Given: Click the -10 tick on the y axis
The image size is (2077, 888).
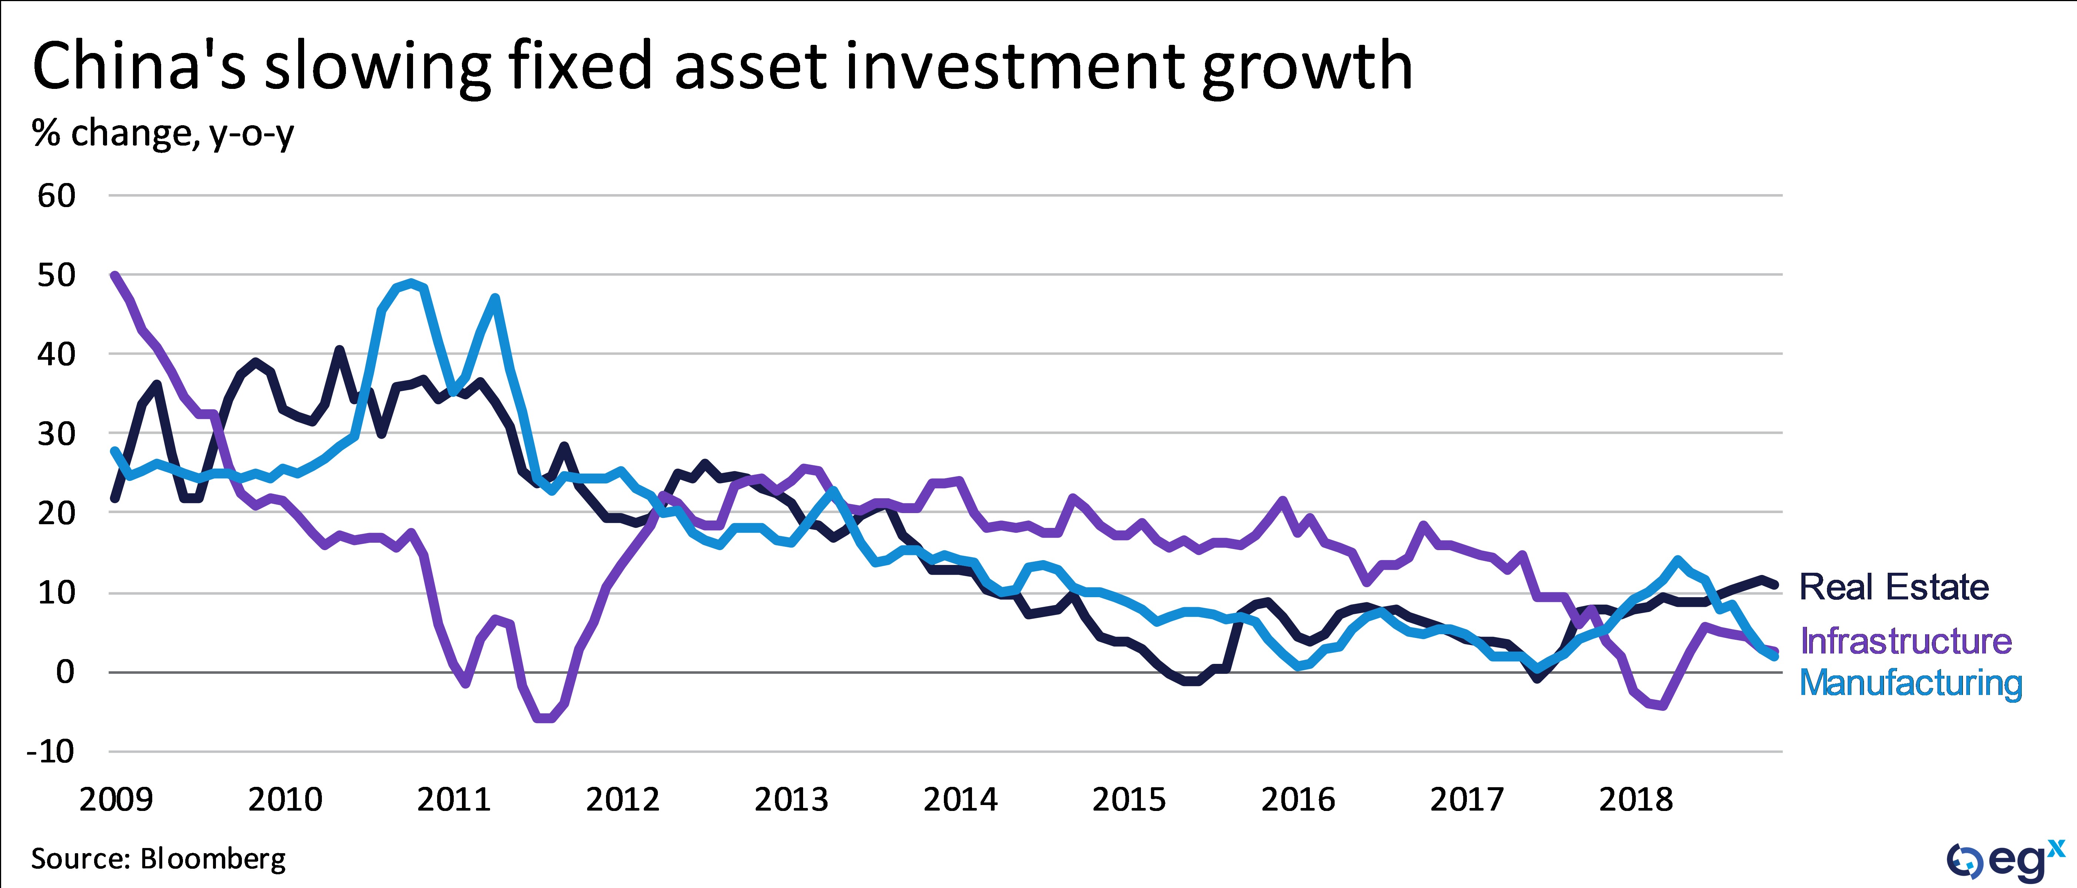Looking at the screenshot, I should click(50, 752).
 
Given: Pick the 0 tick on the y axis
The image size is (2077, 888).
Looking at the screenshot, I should click(64, 672).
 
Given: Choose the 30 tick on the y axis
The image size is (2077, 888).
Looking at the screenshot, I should click(56, 434).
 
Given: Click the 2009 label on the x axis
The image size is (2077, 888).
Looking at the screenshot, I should click(116, 799).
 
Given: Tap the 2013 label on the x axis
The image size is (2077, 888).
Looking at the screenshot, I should click(791, 799).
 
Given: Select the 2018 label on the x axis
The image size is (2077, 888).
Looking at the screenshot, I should click(1635, 799).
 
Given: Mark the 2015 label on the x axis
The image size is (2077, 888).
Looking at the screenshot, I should click(1129, 799).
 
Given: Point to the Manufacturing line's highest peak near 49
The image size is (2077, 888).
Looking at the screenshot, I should click(412, 283).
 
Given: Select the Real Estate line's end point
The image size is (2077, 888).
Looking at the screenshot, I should click(1775, 586).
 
